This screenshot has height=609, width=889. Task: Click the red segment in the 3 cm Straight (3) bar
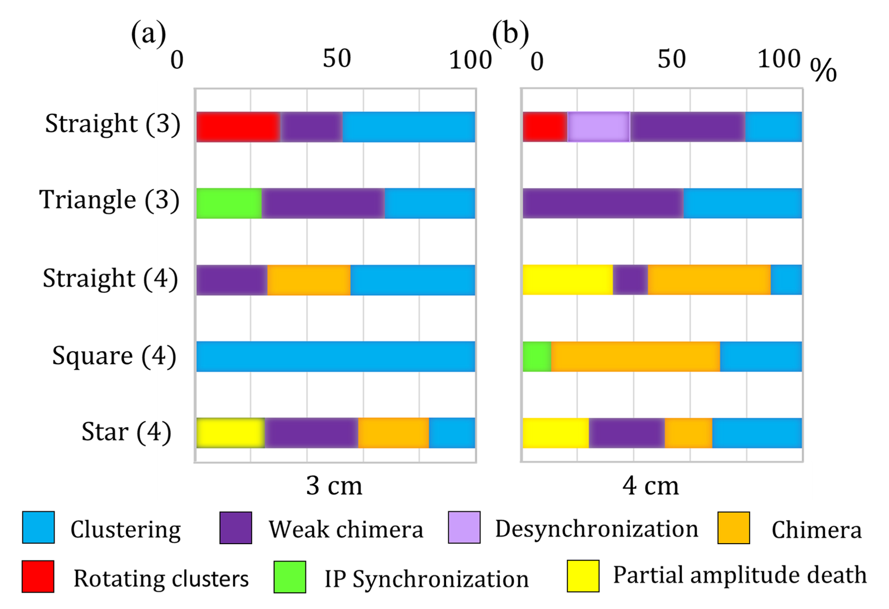pos(238,127)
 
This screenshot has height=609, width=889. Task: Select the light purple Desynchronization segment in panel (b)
pos(598,127)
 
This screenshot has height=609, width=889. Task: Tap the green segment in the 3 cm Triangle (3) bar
pos(229,203)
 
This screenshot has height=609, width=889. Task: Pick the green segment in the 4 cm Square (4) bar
pos(537,357)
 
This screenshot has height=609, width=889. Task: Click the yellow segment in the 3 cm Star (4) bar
pos(230,433)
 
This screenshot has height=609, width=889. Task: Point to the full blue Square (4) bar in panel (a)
pos(335,357)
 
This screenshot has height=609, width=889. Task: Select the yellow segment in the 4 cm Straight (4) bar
pos(567,280)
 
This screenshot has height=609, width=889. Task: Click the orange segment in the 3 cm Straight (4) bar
pos(309,280)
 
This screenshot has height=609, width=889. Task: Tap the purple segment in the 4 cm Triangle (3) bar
pos(603,203)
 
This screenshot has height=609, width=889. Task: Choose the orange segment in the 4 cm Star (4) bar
pos(688,433)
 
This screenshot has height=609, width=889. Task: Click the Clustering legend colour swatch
pos(38,528)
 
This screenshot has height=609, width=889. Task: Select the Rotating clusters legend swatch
pos(38,576)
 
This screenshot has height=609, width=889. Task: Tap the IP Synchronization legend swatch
pos(290,576)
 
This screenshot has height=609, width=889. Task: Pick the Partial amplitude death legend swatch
pos(583,576)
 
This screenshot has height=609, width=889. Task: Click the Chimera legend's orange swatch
pos(734,528)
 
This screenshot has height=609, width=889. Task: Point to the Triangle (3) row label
pos(109,200)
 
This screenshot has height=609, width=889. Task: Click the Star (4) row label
pos(126,432)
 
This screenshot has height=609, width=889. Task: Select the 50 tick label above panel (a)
pos(337,59)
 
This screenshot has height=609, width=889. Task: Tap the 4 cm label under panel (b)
pos(651,486)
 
